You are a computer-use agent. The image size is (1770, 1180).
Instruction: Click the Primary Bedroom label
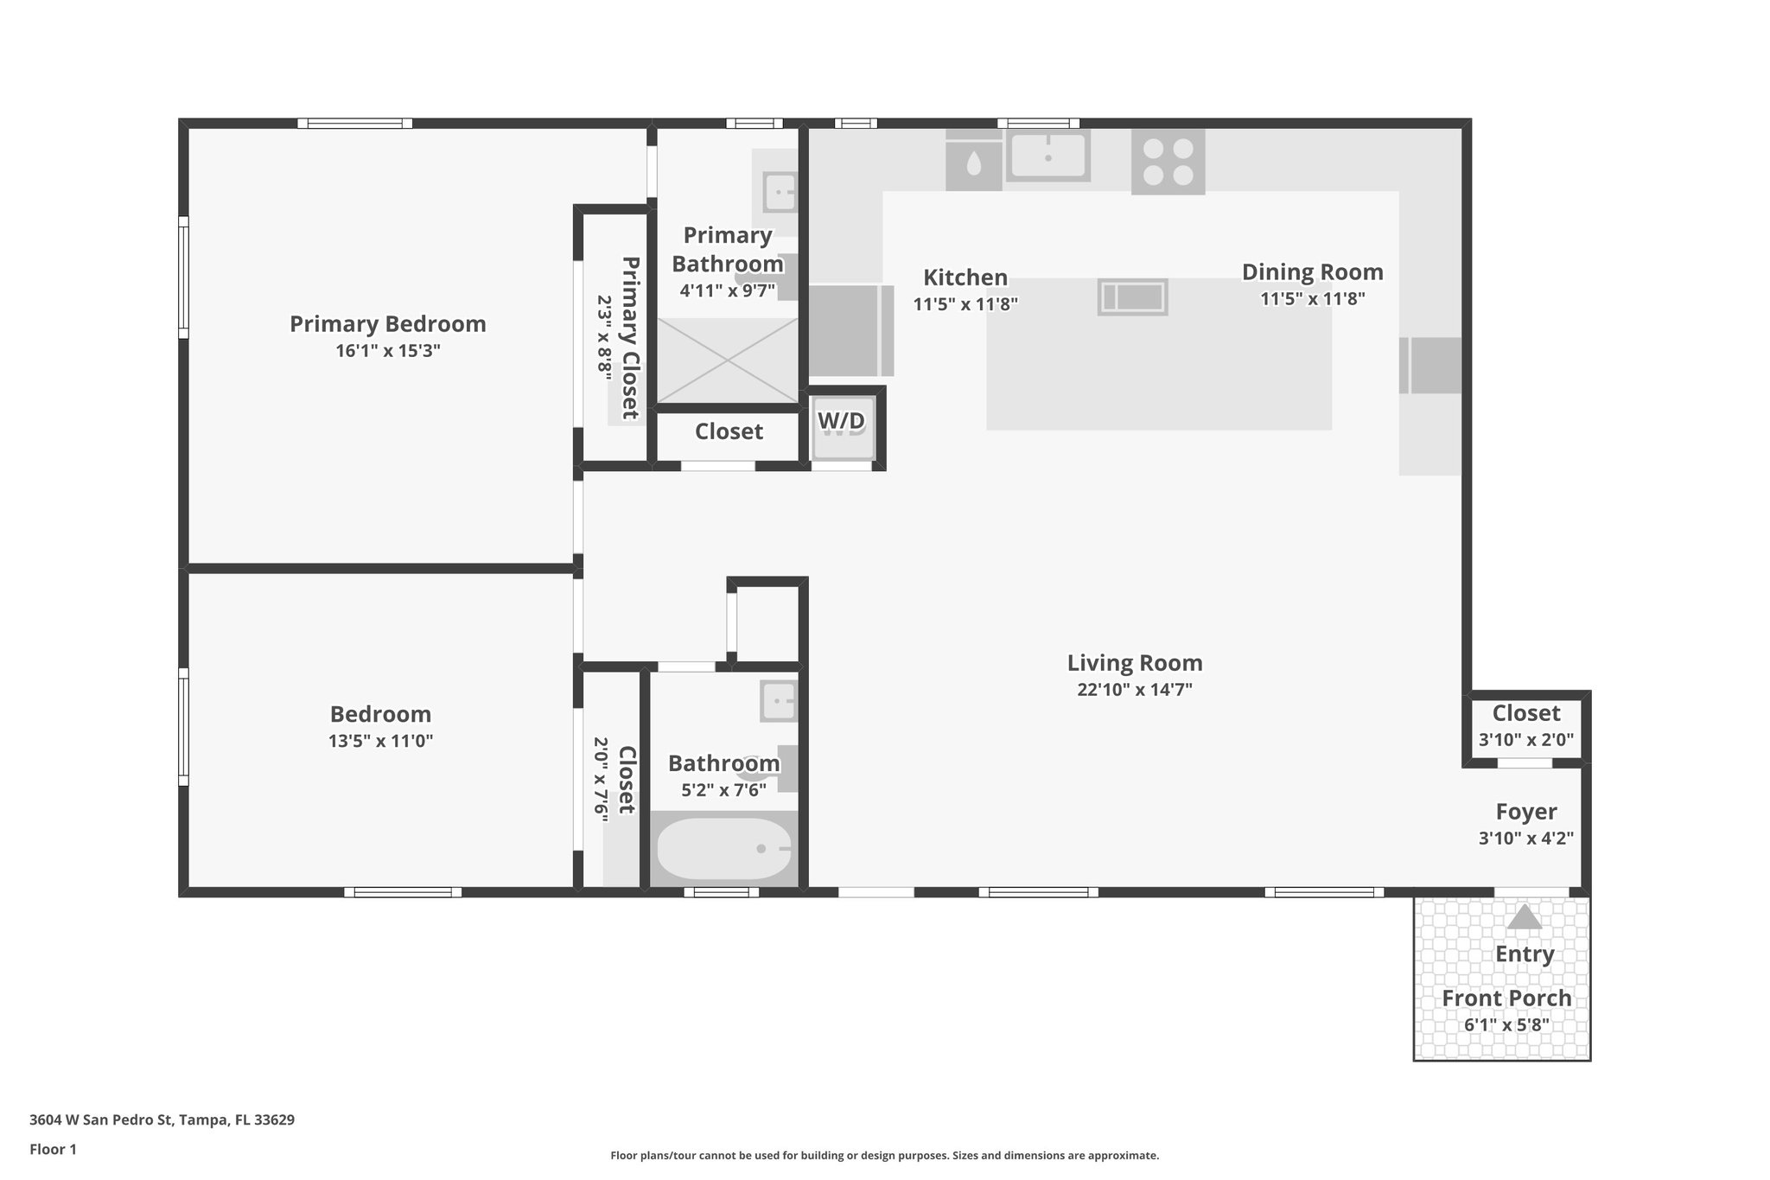tap(387, 324)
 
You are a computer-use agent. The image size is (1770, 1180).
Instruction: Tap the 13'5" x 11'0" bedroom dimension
tap(380, 741)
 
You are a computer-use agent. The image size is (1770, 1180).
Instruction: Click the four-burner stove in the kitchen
tap(1168, 162)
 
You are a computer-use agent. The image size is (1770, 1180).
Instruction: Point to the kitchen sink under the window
tap(1047, 156)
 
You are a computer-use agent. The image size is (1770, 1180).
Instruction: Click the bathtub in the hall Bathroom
tap(724, 849)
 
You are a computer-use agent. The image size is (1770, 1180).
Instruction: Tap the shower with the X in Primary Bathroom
tap(727, 360)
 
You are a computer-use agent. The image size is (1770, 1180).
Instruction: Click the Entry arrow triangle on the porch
tap(1524, 917)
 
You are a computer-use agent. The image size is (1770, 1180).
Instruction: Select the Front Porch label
tap(1506, 998)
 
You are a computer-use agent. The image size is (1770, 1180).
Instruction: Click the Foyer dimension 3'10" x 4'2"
tap(1525, 838)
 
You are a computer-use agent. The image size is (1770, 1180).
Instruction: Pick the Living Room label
tap(1134, 663)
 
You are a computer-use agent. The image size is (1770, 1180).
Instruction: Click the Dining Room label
tap(1312, 272)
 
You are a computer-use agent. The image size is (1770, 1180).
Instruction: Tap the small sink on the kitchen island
tap(1132, 297)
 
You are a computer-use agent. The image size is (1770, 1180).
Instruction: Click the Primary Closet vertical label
tap(630, 337)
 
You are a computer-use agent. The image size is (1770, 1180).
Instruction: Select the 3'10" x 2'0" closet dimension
tap(1525, 740)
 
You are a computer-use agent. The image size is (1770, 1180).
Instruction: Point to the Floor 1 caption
tap(53, 1150)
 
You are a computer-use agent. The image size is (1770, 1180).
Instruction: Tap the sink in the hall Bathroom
tap(779, 701)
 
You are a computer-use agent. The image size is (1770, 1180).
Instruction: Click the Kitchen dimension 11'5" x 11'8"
tap(965, 304)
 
